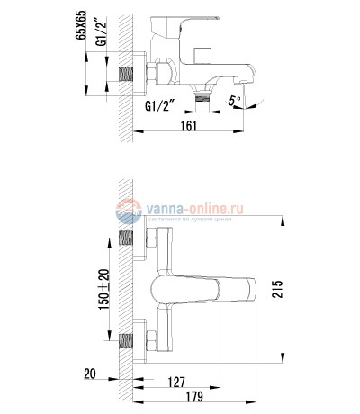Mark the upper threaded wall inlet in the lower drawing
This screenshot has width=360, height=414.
[128, 242]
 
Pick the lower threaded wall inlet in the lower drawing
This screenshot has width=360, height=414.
[128, 342]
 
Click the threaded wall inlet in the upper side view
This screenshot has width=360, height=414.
[128, 77]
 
